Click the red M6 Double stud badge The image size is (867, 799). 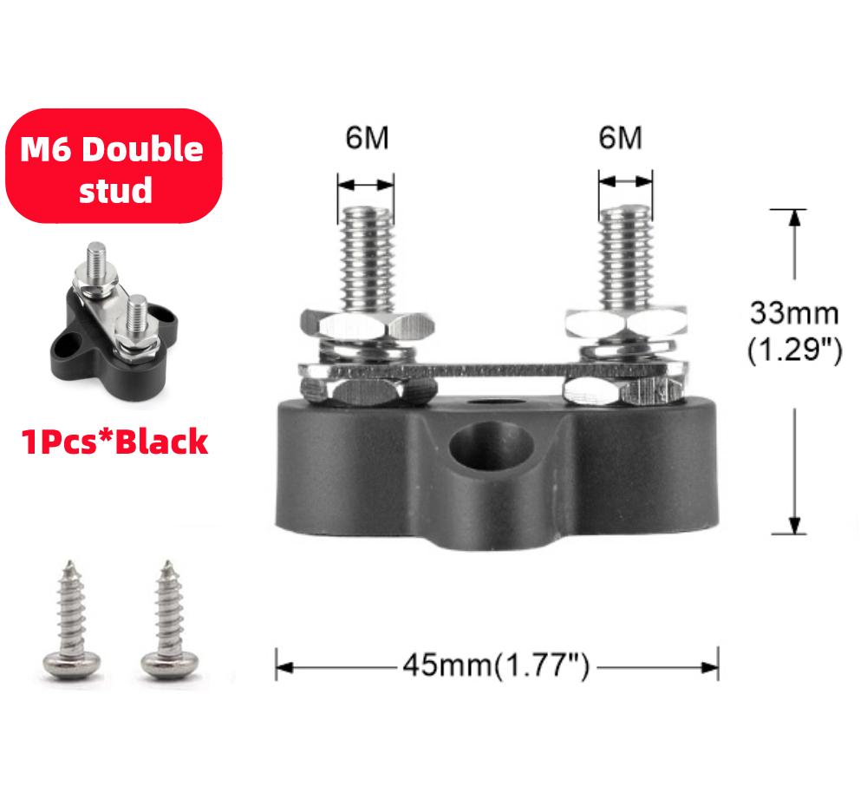click(x=112, y=167)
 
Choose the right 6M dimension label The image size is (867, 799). click(x=620, y=139)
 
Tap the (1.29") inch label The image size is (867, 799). click(x=794, y=351)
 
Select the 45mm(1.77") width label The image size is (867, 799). click(x=496, y=667)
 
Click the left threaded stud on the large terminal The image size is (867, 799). click(x=366, y=255)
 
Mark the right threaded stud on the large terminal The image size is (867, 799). click(x=624, y=255)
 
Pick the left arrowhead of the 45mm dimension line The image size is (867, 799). click(x=282, y=668)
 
